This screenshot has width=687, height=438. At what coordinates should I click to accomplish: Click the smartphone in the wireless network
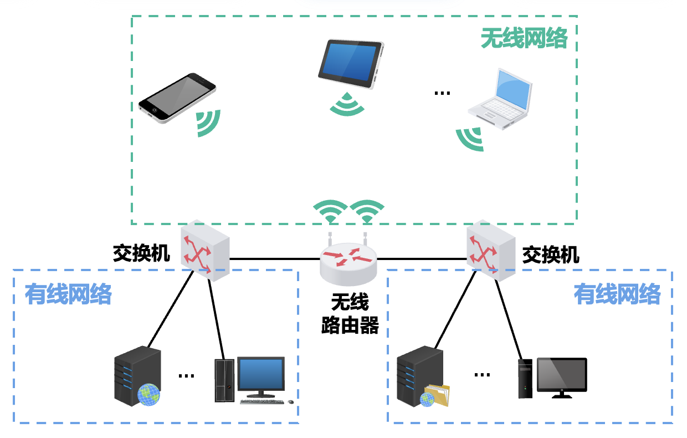[177, 97]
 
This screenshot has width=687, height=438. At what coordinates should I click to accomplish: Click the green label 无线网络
[524, 38]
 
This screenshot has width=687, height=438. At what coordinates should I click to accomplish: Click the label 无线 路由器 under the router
[350, 314]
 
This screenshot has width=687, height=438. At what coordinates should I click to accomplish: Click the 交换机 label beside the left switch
[141, 253]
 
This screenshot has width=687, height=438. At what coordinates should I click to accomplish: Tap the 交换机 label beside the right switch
[551, 254]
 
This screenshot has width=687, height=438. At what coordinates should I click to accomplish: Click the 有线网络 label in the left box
[68, 294]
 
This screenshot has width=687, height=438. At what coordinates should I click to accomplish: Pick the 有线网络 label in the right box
[617, 294]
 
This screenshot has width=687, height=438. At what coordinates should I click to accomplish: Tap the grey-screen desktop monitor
[561, 376]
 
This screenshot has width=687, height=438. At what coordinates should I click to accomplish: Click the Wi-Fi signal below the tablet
[347, 105]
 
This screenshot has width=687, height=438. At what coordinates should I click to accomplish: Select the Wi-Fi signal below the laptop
[470, 139]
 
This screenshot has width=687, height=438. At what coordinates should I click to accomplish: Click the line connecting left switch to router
[275, 259]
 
